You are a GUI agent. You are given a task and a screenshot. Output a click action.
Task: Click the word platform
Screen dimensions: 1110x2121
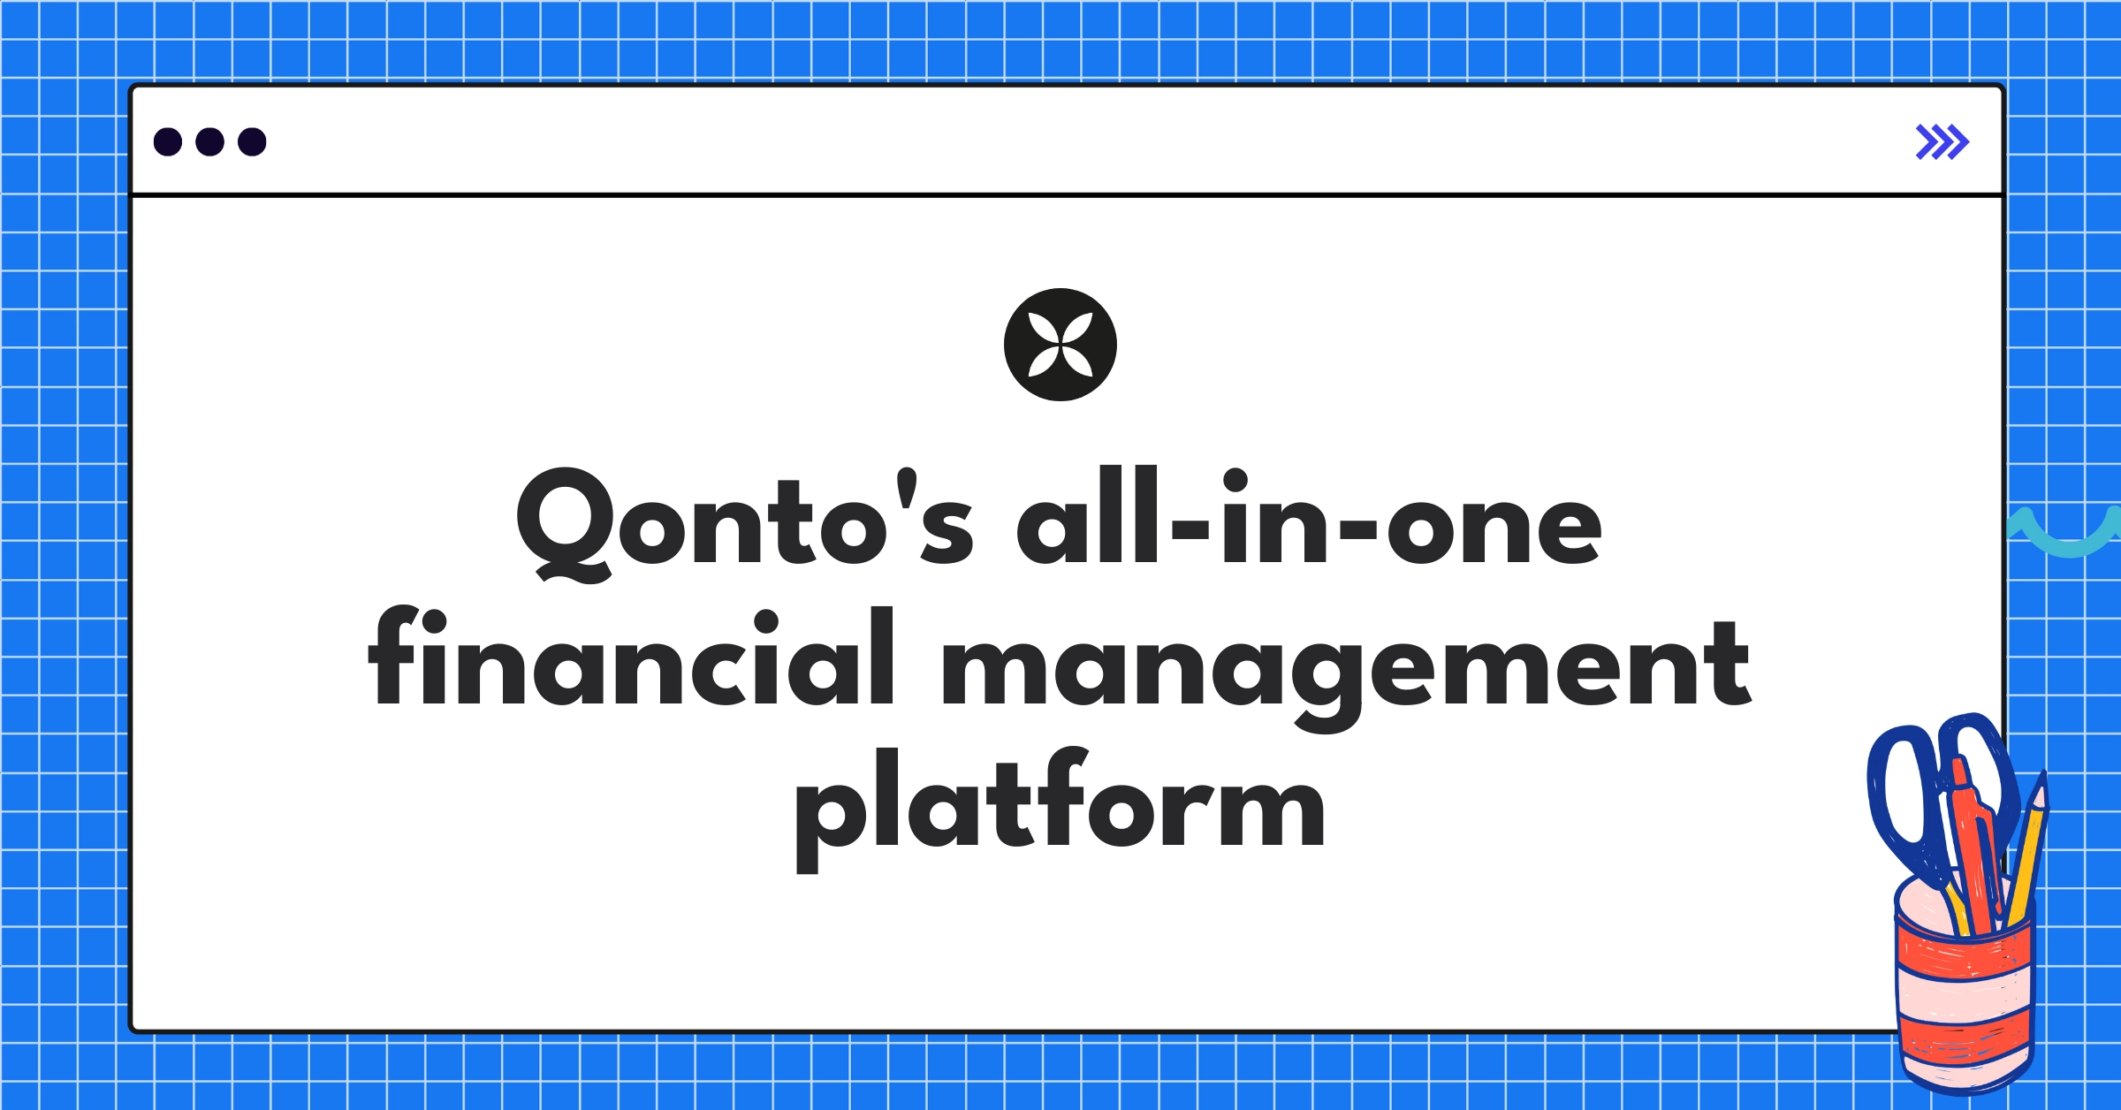[x=1060, y=804]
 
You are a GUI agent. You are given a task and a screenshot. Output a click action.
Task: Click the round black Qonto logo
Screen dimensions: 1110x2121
[x=1060, y=345]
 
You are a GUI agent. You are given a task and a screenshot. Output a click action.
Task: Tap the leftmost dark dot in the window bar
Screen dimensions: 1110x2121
[x=168, y=141]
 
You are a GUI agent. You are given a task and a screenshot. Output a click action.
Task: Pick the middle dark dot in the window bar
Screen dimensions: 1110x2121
[x=209, y=141]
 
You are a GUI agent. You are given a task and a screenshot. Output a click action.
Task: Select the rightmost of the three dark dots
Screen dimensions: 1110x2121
[x=252, y=141]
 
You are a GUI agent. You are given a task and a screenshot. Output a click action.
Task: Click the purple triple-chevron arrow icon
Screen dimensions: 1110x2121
[x=1942, y=142]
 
